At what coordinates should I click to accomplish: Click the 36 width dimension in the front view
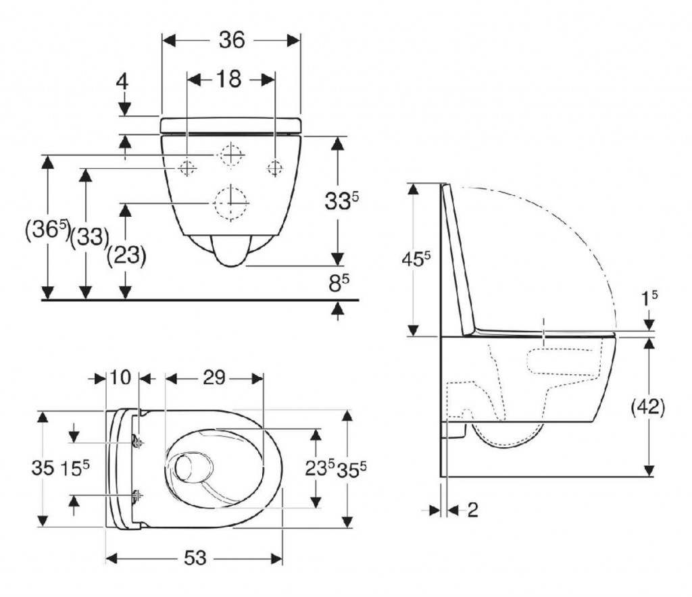pos(231,40)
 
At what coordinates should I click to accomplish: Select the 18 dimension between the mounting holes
pos(229,80)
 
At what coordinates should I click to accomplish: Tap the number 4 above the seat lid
pos(122,82)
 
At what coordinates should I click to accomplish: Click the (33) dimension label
pos(90,236)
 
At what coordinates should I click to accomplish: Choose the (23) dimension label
pos(126,256)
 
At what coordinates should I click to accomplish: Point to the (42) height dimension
pos(648,407)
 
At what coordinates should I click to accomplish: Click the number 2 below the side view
pos(472,510)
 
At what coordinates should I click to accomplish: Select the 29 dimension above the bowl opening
pos(214,379)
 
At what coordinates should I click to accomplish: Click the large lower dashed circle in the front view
pos(230,202)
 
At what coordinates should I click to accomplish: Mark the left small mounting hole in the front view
pos(187,167)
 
